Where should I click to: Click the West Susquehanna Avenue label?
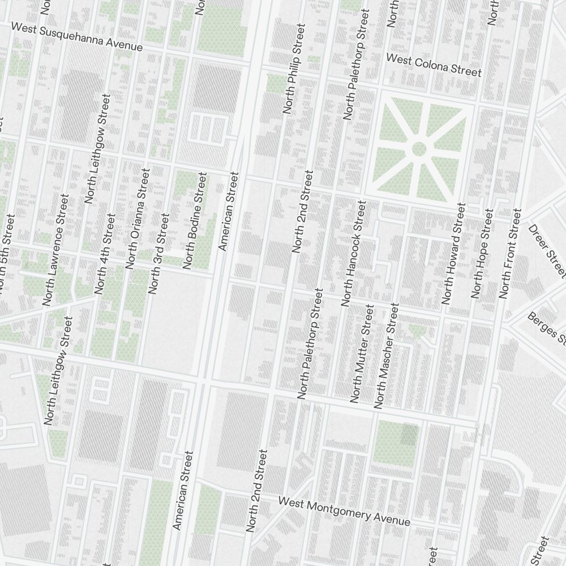pos(77,37)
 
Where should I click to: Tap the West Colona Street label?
pos(434,65)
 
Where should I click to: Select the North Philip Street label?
pos(294,68)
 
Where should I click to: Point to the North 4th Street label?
pos(105,254)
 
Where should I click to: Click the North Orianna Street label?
pos(138,218)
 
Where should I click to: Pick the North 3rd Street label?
pos(158,253)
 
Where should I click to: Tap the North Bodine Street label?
pos(195,221)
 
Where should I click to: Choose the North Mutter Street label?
pos(362,353)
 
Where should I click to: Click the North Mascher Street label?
pos(387,355)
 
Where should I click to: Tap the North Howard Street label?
pos(454,253)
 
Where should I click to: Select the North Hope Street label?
pos(482,253)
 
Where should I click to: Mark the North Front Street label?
pos(509,253)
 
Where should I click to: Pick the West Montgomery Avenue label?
pos(344,511)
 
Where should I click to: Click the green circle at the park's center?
pos(419,149)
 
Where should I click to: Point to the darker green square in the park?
pos(410,434)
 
